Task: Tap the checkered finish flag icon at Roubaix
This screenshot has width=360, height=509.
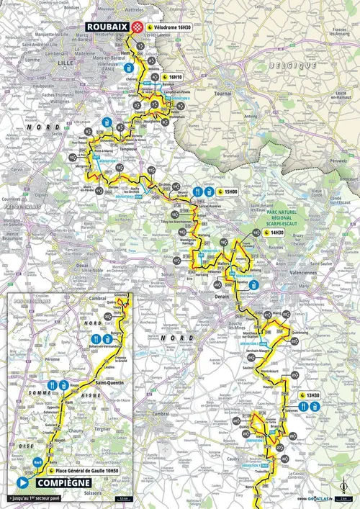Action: click(x=135, y=26)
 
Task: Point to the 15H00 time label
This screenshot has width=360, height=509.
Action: click(x=230, y=192)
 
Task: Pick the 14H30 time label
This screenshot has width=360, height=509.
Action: click(x=276, y=233)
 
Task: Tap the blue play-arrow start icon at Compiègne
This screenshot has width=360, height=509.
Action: click(x=23, y=483)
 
